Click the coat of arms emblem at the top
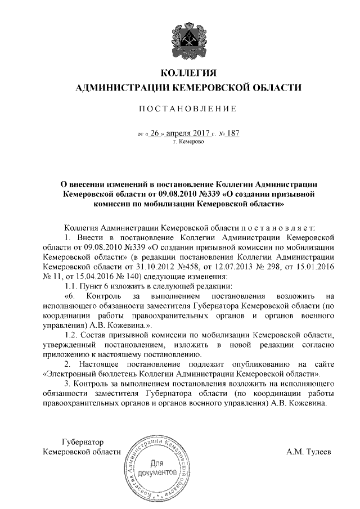[189, 36]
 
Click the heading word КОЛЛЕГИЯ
[188, 74]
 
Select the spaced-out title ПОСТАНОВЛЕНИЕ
[189, 108]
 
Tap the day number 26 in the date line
[155, 134]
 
